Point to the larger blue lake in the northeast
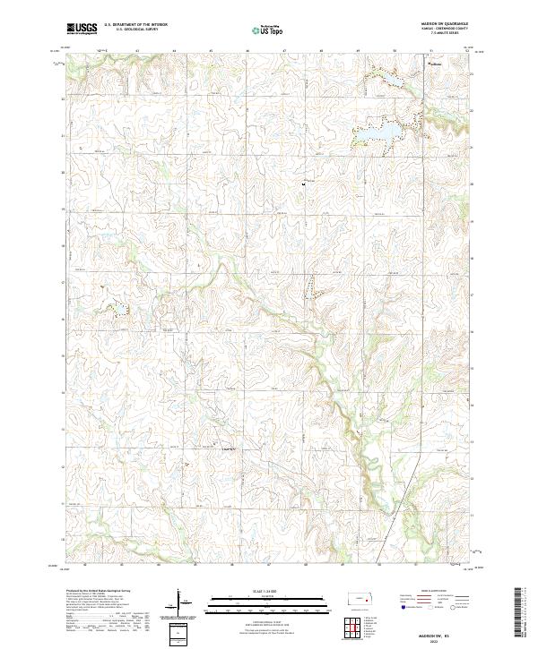point(391,132)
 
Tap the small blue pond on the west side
point(117,310)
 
